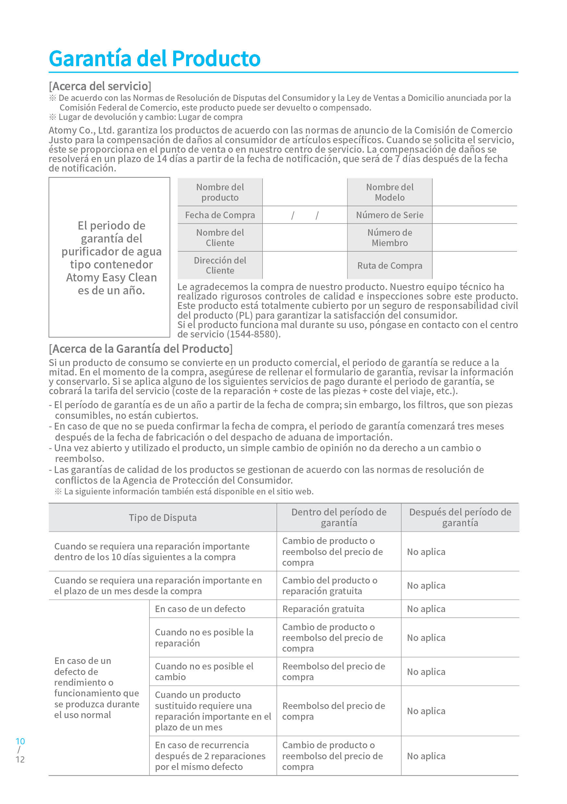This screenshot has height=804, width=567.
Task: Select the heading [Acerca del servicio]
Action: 100,86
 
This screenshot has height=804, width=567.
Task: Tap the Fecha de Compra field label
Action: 220,215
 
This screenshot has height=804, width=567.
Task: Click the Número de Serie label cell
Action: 389,215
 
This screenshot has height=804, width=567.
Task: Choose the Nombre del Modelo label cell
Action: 389,192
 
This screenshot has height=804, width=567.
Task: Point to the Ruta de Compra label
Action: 389,266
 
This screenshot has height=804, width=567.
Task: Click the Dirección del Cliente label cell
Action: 220,265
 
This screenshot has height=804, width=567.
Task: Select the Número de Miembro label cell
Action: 389,237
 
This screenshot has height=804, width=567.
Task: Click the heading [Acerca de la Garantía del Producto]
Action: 140,349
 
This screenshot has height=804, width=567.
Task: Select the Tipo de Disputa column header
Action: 163,517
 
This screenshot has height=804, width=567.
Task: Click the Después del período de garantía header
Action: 460,517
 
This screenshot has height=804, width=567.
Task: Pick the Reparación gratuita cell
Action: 323,609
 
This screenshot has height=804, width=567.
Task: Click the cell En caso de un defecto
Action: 200,609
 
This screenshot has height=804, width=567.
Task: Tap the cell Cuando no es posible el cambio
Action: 204,671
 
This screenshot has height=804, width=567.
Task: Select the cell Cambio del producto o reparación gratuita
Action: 330,585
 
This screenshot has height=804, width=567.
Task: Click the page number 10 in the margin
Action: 20,741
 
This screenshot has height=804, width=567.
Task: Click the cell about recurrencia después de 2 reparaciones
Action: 210,756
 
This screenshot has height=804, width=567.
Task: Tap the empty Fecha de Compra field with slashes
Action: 305,215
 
